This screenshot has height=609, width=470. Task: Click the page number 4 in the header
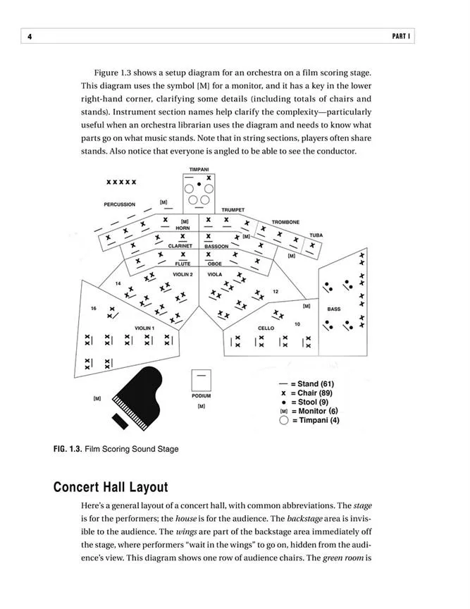pyautogui.click(x=30, y=36)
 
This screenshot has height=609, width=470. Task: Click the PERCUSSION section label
pyautogui.click(x=120, y=204)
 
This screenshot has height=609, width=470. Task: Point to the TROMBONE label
pyautogui.click(x=285, y=222)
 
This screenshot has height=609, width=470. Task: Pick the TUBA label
pyautogui.click(x=316, y=235)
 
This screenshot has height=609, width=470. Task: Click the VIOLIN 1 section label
pyautogui.click(x=144, y=328)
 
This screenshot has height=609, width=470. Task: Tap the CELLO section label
pyautogui.click(x=266, y=328)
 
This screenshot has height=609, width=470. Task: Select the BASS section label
pyautogui.click(x=333, y=309)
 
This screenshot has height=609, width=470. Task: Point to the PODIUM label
pyautogui.click(x=201, y=396)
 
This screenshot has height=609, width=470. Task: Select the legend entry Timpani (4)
pyautogui.click(x=309, y=421)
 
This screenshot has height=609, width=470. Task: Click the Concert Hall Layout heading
pyautogui.click(x=110, y=487)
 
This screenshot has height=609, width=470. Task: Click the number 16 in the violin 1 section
pyautogui.click(x=93, y=309)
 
